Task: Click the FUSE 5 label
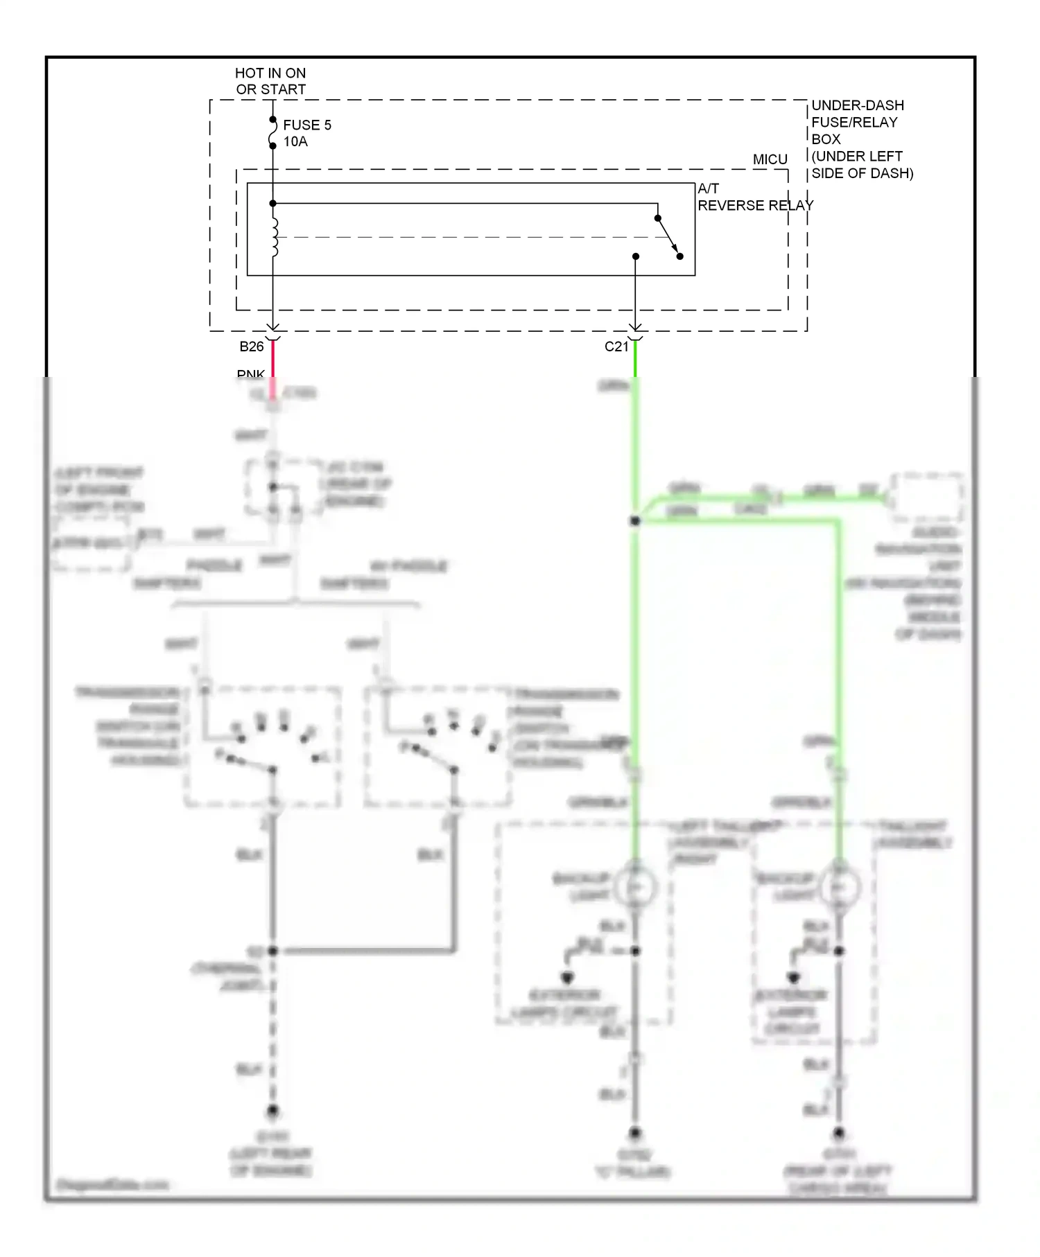(x=306, y=125)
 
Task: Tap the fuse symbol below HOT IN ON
(x=273, y=133)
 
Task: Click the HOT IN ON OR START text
(x=270, y=81)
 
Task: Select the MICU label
(x=770, y=159)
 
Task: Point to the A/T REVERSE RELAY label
(x=754, y=197)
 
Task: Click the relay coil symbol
(x=275, y=238)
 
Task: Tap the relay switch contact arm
(x=668, y=237)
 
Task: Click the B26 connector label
(x=252, y=346)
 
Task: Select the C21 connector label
(x=616, y=346)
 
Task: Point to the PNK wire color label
(x=250, y=374)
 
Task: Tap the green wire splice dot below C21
(x=634, y=520)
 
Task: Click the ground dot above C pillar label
(x=634, y=1134)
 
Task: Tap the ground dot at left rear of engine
(x=273, y=1111)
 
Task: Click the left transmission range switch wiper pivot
(x=273, y=770)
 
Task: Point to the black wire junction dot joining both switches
(x=273, y=951)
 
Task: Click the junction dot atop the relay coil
(x=273, y=203)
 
